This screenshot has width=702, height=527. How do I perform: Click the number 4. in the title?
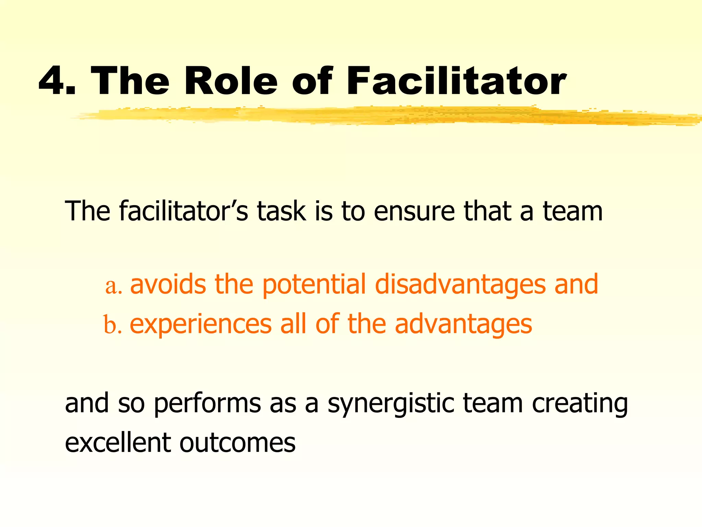pos(57,81)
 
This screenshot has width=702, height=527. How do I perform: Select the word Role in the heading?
pos(231,81)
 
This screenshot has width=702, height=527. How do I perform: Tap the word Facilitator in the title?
pos(456,81)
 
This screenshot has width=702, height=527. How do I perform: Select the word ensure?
pos(414,211)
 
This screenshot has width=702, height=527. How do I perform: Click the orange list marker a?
pos(113,285)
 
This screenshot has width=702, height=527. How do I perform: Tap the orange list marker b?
pos(112,325)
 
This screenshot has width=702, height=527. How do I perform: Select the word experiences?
pos(201,325)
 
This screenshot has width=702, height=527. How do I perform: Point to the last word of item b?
pos(463,325)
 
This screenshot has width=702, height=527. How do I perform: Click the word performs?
pos(207,403)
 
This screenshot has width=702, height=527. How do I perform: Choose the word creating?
pos(580,403)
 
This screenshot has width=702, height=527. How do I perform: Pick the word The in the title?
pos(130,81)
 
